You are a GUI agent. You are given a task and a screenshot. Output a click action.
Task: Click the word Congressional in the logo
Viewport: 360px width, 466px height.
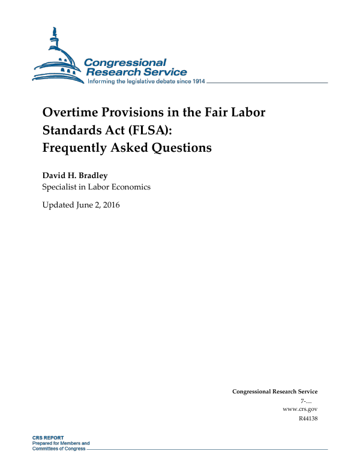coord(125,62)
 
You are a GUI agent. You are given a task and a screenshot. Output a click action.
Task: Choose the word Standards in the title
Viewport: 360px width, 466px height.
coord(71,130)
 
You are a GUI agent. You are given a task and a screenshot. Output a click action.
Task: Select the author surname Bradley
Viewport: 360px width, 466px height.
coord(92,176)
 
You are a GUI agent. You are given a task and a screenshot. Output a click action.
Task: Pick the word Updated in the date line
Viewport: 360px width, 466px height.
coord(58,206)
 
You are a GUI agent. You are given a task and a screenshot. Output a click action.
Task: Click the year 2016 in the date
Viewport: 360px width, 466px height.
coord(110,206)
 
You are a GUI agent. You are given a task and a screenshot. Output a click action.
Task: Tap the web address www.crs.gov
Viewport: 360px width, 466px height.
coord(299,409)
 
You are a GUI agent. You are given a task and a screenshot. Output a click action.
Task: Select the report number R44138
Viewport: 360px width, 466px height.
coord(307,418)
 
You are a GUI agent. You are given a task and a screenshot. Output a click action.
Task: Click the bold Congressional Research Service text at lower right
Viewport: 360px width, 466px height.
coord(275,392)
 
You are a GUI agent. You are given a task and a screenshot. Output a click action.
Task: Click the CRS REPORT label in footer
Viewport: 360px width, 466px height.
coord(48,438)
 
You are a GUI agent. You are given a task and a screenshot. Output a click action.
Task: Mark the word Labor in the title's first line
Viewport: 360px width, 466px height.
coord(248,113)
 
